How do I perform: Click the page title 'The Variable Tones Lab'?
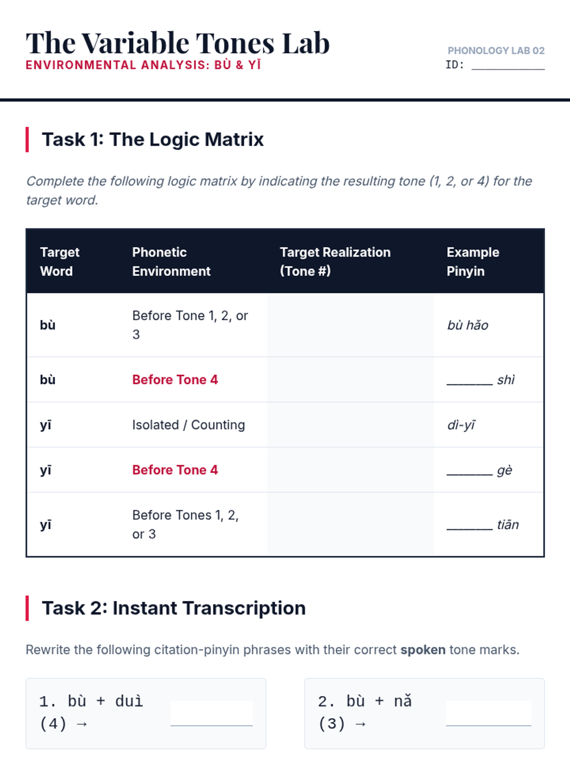178,43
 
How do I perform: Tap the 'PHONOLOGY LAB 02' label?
496,50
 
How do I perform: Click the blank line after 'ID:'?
508,69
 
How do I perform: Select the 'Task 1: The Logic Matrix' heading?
152,140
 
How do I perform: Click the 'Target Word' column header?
59,262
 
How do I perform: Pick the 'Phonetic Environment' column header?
171,262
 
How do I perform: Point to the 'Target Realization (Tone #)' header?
335,262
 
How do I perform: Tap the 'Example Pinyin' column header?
473,262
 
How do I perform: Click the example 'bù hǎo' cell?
467,325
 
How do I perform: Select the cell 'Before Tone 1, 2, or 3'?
190,325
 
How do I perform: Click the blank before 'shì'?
469,384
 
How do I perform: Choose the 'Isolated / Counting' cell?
189,425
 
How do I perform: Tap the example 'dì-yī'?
461,425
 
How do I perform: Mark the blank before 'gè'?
469,475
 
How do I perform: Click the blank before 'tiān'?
469,529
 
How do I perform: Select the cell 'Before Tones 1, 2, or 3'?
186,524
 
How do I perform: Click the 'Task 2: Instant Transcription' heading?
174,608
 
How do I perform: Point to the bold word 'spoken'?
423,650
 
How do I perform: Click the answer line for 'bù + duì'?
211,725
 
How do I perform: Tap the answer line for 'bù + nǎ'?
488,725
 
